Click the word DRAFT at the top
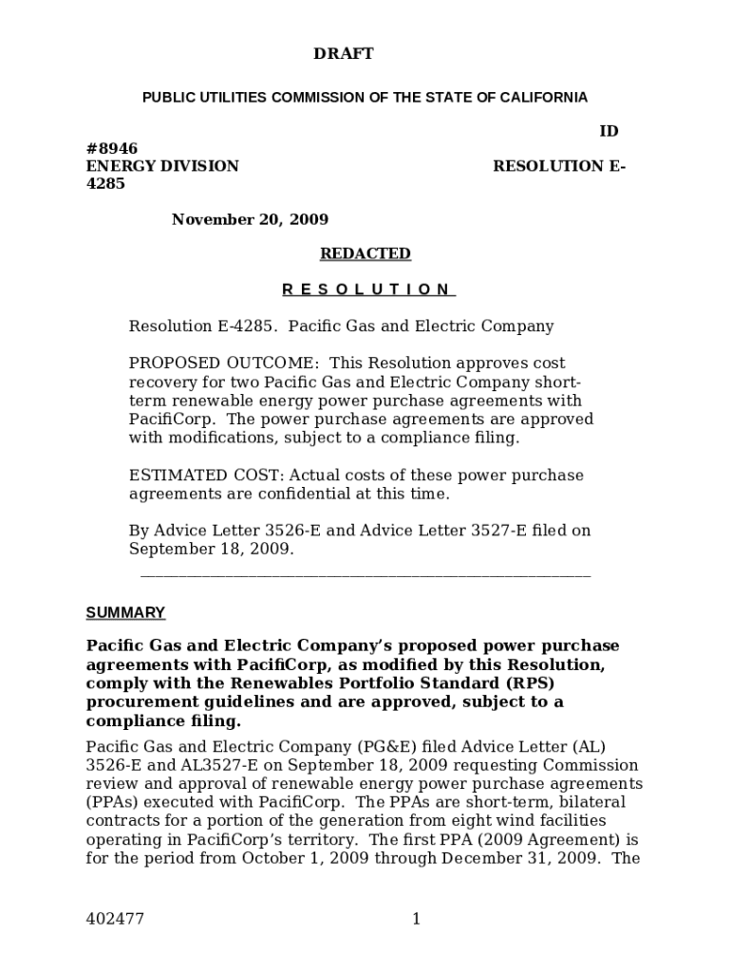pyautogui.click(x=343, y=54)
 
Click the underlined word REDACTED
pyautogui.click(x=365, y=253)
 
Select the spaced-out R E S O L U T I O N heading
pyautogui.click(x=368, y=290)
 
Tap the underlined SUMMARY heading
pyautogui.click(x=125, y=612)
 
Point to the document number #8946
pyautogui.click(x=112, y=148)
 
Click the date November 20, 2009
pyautogui.click(x=250, y=219)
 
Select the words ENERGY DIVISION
pyautogui.click(x=162, y=166)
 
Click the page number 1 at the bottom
pyautogui.click(x=416, y=918)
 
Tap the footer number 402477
pyautogui.click(x=115, y=918)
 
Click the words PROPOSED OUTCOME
pyautogui.click(x=223, y=364)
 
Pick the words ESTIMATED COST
pyautogui.click(x=206, y=476)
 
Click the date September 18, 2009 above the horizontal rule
pyautogui.click(x=211, y=550)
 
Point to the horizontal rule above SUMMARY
pyautogui.click(x=365, y=575)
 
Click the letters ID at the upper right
pyautogui.click(x=609, y=131)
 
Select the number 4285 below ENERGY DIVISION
pyautogui.click(x=105, y=184)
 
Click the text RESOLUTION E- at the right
pyautogui.click(x=559, y=166)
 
